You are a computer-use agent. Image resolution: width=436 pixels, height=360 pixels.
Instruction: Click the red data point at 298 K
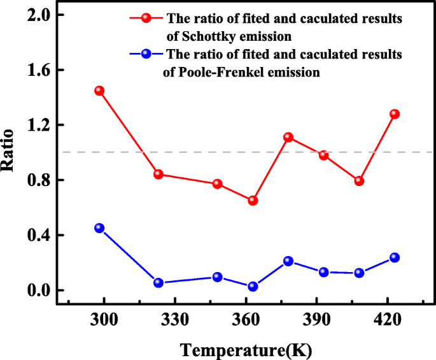[99, 90]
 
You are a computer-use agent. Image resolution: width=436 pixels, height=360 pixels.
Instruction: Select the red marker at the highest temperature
[394, 114]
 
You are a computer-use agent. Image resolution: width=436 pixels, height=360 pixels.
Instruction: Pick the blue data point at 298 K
[99, 228]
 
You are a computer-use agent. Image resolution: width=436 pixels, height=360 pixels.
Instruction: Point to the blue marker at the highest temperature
[394, 257]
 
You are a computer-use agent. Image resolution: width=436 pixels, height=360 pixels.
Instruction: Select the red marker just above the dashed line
[288, 137]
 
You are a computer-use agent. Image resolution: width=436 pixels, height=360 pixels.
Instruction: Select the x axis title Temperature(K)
[246, 349]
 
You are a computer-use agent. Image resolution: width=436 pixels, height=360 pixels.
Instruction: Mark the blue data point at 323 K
[158, 283]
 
